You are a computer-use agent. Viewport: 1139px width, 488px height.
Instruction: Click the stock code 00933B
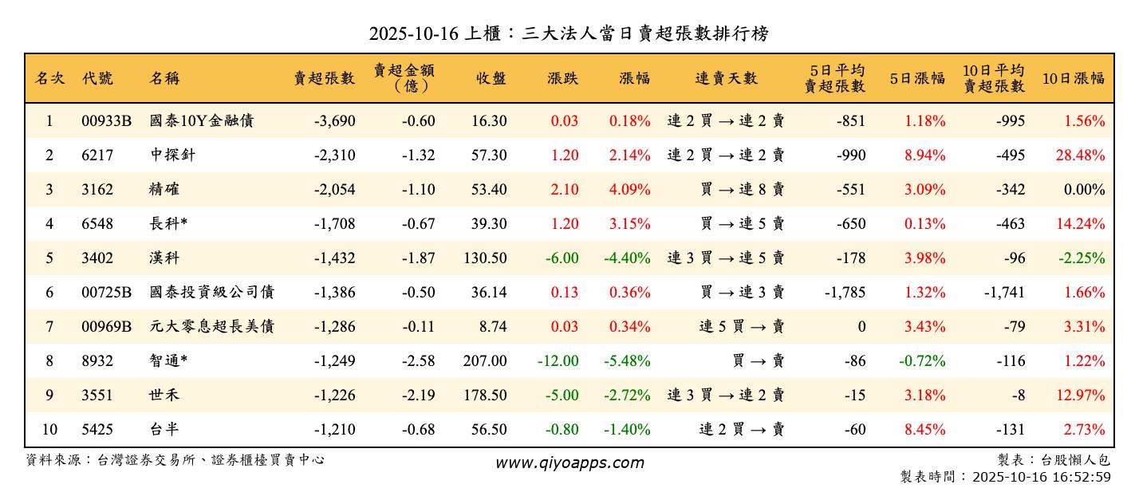tap(106, 121)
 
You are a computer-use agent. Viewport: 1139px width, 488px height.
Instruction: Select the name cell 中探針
tap(172, 155)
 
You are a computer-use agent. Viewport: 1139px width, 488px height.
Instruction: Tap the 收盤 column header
tap(491, 78)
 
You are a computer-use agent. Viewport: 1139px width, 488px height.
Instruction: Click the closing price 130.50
tap(485, 258)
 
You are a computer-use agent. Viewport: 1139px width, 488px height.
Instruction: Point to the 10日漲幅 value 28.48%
tap(1081, 155)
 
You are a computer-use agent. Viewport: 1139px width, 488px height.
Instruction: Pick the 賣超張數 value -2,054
tap(334, 190)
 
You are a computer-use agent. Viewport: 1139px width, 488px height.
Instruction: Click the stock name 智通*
tap(167, 361)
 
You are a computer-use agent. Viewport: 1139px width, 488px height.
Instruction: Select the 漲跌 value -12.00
tap(558, 361)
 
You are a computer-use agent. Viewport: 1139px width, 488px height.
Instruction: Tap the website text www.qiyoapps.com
tap(569, 462)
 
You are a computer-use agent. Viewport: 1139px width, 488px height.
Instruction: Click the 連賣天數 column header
tap(726, 78)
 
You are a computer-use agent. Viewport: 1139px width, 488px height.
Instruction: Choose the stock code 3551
tap(97, 396)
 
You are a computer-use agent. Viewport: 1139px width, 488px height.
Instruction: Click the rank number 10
tap(49, 430)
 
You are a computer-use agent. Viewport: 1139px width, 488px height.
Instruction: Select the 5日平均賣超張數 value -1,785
tap(845, 293)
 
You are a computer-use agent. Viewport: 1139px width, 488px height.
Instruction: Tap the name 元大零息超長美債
tap(212, 327)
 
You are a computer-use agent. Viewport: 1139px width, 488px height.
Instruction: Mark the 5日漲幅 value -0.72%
tap(922, 361)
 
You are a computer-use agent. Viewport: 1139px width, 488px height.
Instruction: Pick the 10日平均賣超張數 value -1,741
tap(1004, 293)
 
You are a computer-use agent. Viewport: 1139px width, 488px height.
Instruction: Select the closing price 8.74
tap(491, 327)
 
